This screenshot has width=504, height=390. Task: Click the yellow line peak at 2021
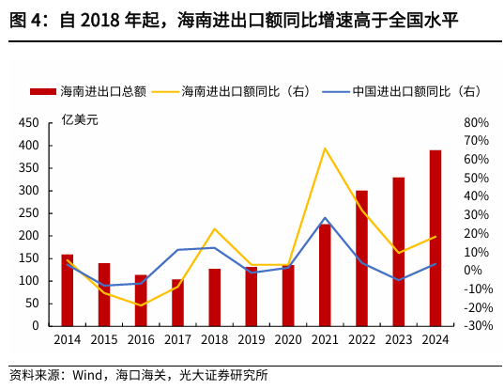(x=325, y=148)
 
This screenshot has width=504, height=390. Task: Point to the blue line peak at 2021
(x=325, y=218)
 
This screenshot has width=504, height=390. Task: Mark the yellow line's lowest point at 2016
(x=141, y=305)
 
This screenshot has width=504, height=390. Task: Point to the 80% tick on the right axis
(x=476, y=123)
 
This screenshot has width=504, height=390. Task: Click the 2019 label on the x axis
(x=252, y=342)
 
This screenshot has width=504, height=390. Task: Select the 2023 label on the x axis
(x=398, y=342)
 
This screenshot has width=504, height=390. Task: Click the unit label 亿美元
(x=80, y=119)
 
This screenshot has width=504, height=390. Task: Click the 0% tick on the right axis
(x=473, y=271)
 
